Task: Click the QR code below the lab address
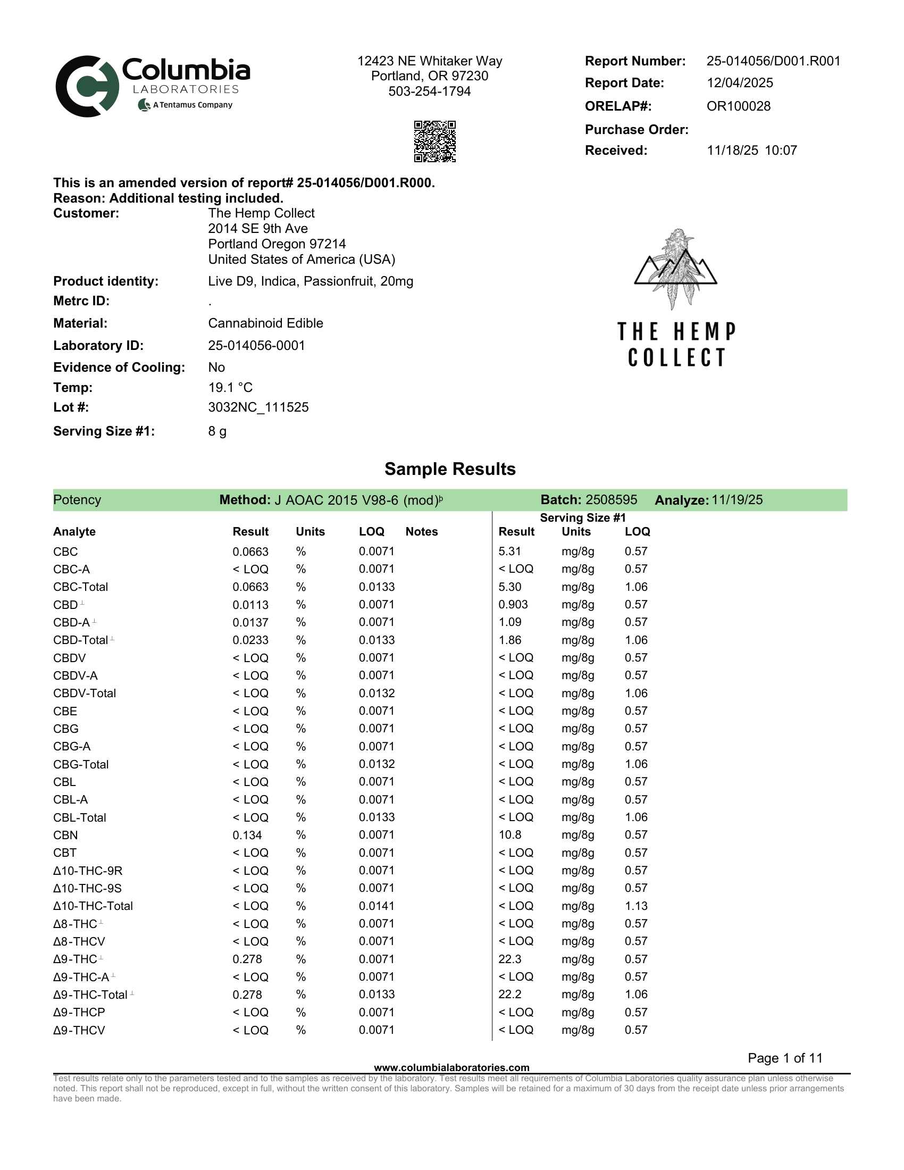point(434,141)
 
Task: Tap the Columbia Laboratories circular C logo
point(87,86)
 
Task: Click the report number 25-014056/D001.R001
point(773,61)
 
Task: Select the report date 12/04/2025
point(740,83)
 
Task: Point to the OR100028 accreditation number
point(738,106)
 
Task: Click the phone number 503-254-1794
point(430,91)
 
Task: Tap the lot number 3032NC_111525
point(258,407)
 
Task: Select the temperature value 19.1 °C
point(230,387)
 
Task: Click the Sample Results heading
point(450,469)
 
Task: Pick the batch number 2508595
point(611,500)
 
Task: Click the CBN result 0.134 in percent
point(247,835)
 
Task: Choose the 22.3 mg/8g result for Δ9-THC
point(510,959)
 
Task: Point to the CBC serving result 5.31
point(509,551)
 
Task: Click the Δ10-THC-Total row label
point(93,906)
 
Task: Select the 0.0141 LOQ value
point(376,906)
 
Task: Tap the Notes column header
point(422,531)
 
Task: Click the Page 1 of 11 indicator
point(784,1058)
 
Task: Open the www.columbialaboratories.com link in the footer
point(451,1068)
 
